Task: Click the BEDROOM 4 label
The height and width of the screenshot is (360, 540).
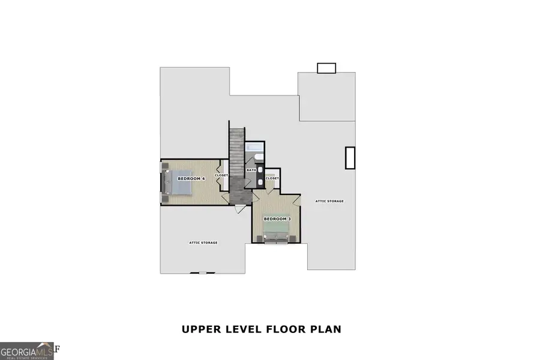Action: (x=191, y=179)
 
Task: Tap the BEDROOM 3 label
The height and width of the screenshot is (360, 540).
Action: (x=278, y=219)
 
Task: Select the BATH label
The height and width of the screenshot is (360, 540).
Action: (x=251, y=170)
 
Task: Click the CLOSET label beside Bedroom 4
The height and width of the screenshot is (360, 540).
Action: (x=222, y=175)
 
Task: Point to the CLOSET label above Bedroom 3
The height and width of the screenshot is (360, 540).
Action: (x=272, y=178)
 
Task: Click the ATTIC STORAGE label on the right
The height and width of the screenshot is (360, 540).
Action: (x=330, y=201)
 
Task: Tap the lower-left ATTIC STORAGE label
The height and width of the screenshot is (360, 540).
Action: (x=203, y=242)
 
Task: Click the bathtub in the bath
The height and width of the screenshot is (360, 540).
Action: (x=254, y=149)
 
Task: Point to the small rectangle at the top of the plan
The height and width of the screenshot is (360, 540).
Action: (x=326, y=68)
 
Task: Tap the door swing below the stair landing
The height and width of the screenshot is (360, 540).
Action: (x=240, y=209)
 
